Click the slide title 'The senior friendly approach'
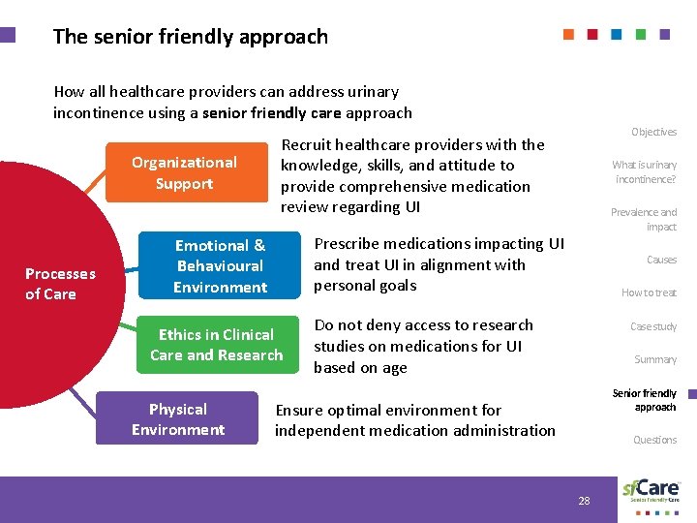[190, 37]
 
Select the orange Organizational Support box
[184, 173]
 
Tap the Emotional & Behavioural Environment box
[221, 266]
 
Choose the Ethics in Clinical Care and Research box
[217, 346]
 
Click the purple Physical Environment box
[178, 419]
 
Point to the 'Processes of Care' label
[60, 284]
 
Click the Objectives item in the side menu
[653, 132]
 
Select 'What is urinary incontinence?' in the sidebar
[645, 172]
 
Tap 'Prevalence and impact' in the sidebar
[644, 219]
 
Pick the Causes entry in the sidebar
[661, 260]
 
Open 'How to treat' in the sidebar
[649, 292]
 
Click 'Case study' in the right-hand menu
[653, 326]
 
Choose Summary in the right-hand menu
[655, 359]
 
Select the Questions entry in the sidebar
[654, 440]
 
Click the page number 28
[584, 501]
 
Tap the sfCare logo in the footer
[651, 489]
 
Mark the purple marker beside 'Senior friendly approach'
[693, 394]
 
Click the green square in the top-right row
[641, 34]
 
